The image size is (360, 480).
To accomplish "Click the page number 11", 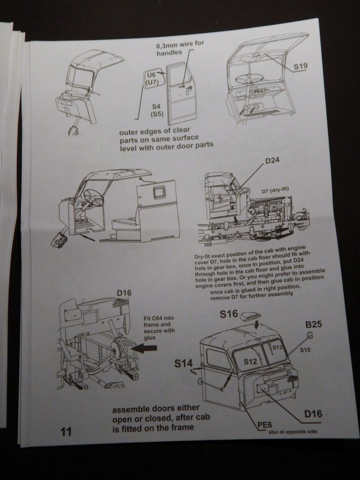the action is [x=65, y=432].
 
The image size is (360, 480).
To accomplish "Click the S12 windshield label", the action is [x=250, y=360].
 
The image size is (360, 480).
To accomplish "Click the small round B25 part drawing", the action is [x=309, y=335].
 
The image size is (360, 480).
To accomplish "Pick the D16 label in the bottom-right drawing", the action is [x=312, y=415].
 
